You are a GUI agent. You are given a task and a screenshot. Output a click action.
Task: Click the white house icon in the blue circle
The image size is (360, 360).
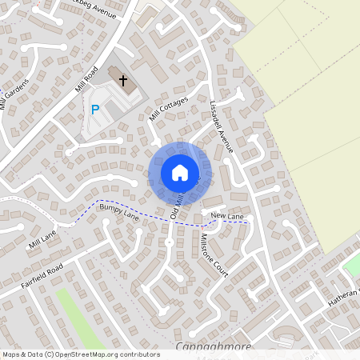(x=179, y=172)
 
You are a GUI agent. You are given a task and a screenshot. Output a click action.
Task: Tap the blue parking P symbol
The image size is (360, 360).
(x=95, y=110)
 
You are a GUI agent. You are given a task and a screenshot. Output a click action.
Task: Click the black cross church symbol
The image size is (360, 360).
(x=123, y=80)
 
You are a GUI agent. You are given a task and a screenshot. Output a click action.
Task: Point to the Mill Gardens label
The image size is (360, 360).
(x=15, y=94)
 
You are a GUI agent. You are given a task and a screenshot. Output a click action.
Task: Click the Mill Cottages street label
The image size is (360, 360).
(x=168, y=109)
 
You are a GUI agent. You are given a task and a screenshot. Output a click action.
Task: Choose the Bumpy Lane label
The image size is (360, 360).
(x=119, y=213)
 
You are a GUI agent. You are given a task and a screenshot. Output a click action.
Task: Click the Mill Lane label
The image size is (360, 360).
(x=43, y=237)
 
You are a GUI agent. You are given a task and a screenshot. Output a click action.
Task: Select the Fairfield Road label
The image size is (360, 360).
(x=42, y=277)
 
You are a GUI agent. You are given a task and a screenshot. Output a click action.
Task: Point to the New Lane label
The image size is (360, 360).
(x=226, y=217)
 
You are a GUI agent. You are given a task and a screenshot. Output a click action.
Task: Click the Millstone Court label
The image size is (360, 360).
(x=214, y=257)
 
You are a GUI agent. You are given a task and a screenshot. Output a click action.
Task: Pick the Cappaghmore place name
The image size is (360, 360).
(x=213, y=348)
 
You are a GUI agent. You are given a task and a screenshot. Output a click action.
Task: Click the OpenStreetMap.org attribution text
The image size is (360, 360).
(x=104, y=354)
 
